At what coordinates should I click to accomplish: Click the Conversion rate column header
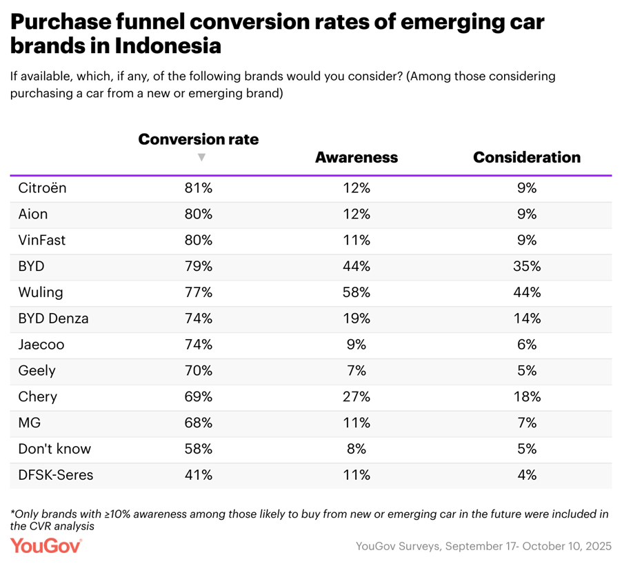[199, 139]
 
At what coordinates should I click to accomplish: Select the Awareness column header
[357, 157]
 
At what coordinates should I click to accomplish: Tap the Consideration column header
[527, 157]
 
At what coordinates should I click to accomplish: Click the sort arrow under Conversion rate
[201, 157]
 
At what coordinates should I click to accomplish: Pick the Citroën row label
[42, 188]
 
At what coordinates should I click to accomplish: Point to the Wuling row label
[41, 292]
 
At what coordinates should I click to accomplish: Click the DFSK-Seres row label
[55, 475]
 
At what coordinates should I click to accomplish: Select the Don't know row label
[54, 449]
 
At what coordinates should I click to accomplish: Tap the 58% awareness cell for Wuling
[357, 292]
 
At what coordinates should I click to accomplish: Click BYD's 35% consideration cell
[527, 266]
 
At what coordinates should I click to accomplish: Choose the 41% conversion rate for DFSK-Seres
[199, 475]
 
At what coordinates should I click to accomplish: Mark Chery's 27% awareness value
[357, 396]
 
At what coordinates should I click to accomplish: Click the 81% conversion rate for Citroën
[199, 188]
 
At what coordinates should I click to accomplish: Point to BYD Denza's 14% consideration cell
[527, 319]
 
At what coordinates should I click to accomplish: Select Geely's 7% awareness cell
[357, 370]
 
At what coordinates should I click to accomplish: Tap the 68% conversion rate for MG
[199, 423]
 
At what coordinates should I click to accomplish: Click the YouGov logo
[46, 545]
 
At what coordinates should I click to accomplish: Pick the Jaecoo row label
[42, 344]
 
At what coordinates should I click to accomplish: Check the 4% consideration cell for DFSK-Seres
[527, 475]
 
